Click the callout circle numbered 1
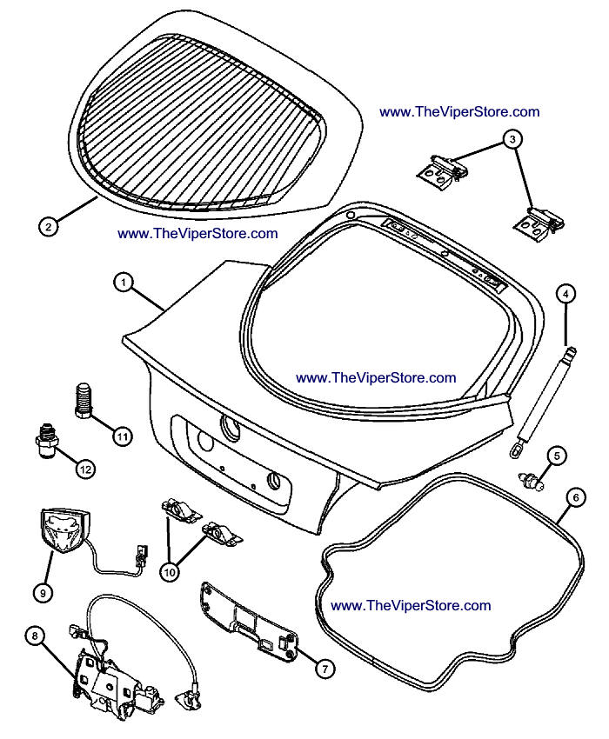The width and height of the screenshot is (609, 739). [124, 282]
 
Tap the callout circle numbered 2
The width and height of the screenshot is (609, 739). [49, 227]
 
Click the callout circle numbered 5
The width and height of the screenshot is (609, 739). [557, 455]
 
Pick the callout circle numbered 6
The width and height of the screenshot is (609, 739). [574, 498]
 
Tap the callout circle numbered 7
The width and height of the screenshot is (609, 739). [323, 668]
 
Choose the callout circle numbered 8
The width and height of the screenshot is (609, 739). [35, 636]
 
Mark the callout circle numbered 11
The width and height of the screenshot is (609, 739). [121, 436]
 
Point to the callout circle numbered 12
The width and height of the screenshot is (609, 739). [84, 469]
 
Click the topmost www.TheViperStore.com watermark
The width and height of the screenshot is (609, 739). [459, 112]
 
